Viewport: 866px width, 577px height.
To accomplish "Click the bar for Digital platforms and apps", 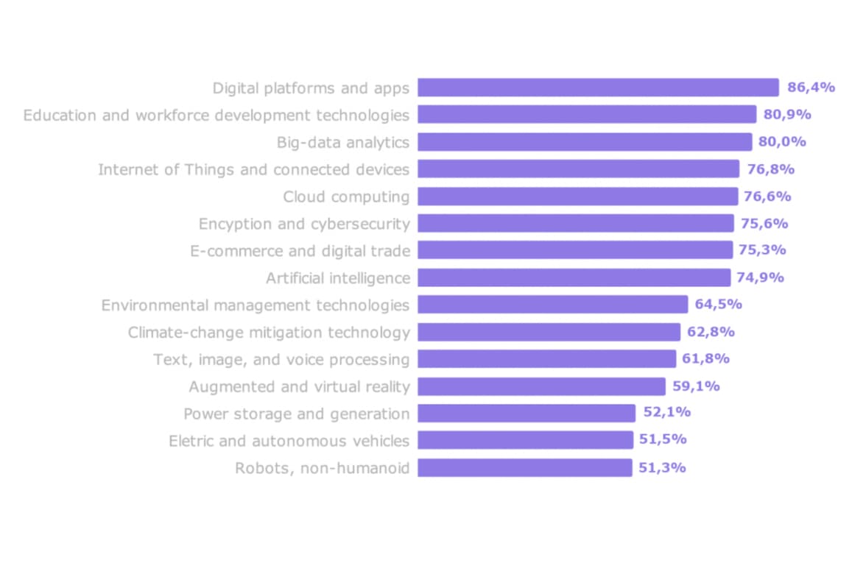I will [x=598, y=88].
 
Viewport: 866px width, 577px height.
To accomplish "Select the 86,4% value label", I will [x=811, y=88].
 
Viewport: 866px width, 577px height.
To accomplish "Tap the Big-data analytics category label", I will [x=342, y=142].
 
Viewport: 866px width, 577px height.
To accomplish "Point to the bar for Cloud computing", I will [x=577, y=197].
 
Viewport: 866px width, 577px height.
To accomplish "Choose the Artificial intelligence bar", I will [x=574, y=277].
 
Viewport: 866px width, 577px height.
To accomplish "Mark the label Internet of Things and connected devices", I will [x=253, y=169].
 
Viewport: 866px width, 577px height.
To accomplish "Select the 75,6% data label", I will [x=764, y=224].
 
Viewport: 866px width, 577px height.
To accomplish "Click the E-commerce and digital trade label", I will [x=300, y=251].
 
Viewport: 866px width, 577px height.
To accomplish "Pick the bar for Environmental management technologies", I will [x=552, y=305].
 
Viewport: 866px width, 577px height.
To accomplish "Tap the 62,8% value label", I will [x=711, y=332].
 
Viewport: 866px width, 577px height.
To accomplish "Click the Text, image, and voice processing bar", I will [x=546, y=359].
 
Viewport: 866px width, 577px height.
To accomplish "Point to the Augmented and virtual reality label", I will [x=299, y=386].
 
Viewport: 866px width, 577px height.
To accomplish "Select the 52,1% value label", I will [x=666, y=413].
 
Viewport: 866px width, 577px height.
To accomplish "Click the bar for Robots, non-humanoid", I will [x=524, y=467].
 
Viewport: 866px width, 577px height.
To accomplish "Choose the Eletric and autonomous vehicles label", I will [x=289, y=441].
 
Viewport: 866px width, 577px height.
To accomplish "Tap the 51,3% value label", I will [x=662, y=467].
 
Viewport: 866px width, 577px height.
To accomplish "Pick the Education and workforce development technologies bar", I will [x=587, y=115].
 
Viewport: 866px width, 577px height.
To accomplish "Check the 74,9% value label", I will [x=761, y=277].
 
